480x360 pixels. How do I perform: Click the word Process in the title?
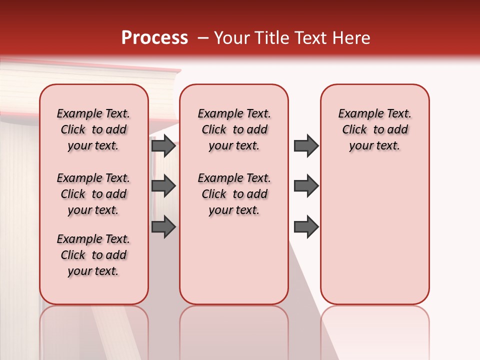[x=154, y=38]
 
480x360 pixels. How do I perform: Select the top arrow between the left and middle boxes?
[x=163, y=146]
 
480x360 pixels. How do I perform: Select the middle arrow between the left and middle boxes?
[x=163, y=186]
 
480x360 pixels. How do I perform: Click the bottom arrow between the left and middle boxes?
[x=163, y=227]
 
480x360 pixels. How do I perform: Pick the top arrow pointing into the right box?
[x=306, y=146]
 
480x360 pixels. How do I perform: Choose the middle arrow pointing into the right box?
[x=306, y=186]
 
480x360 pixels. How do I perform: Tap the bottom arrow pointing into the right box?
[x=306, y=227]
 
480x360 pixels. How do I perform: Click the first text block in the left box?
[x=93, y=129]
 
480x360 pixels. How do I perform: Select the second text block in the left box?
[x=93, y=194]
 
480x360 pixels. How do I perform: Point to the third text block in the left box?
[x=93, y=255]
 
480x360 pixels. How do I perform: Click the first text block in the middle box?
[x=234, y=129]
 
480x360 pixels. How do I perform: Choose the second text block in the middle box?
[x=234, y=194]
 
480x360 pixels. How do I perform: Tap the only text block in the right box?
[x=374, y=129]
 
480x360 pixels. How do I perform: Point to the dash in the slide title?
[x=203, y=38]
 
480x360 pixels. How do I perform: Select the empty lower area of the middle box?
[x=234, y=260]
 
